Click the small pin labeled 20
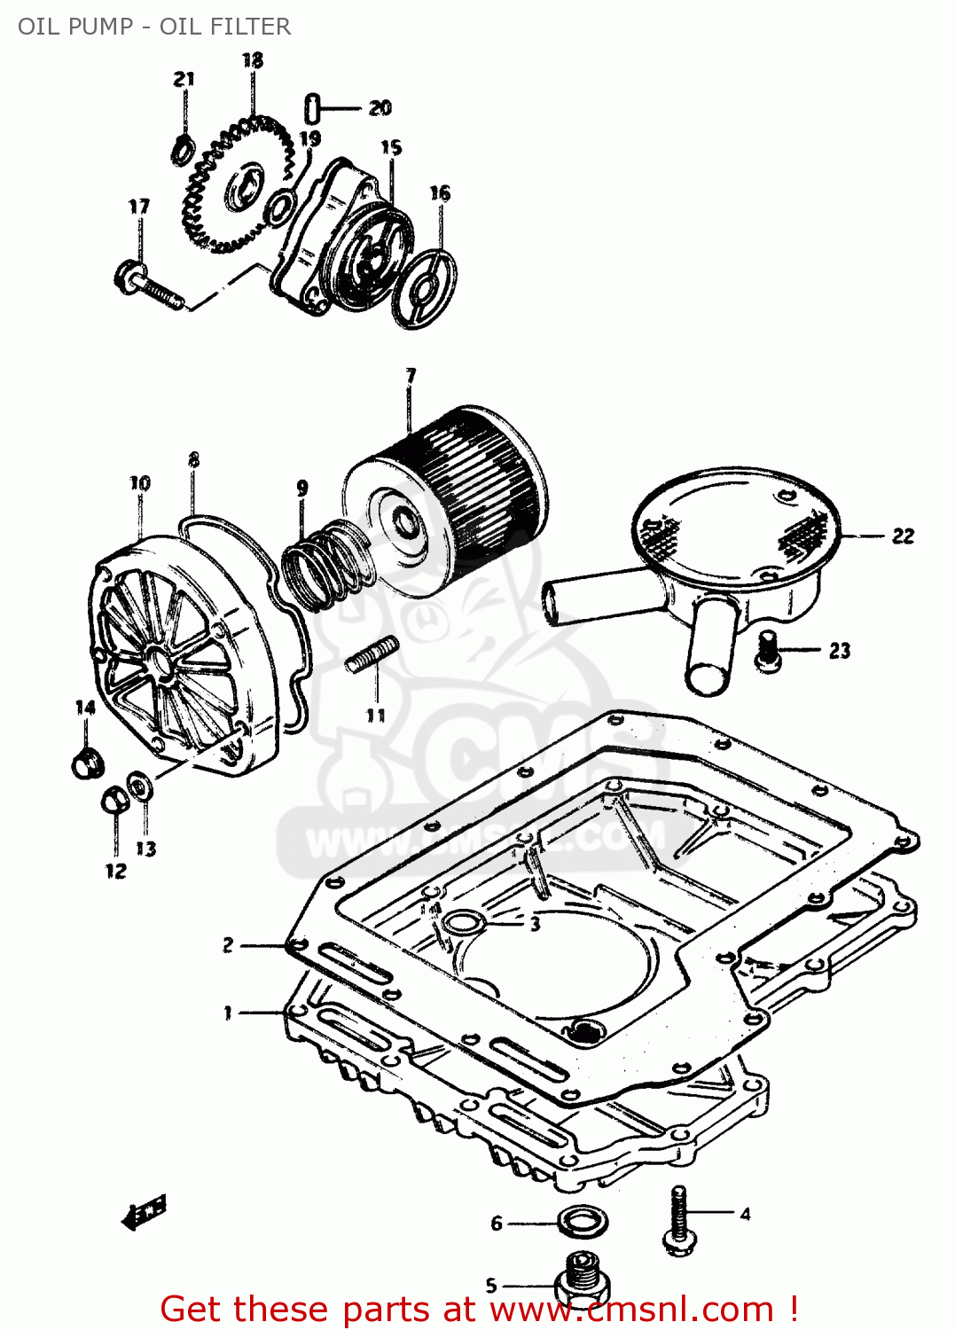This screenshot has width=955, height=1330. coord(312,108)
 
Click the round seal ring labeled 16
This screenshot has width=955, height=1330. coord(425,287)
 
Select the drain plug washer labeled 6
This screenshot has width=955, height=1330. coord(583,1222)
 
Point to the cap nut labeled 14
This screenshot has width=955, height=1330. coord(87,763)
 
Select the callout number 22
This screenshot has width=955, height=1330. coord(903,536)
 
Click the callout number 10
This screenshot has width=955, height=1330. coord(140,483)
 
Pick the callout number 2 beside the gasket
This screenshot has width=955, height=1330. coord(228,945)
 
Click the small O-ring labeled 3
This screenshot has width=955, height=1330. coord(464,923)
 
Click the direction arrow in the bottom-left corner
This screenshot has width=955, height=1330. coord(144,1213)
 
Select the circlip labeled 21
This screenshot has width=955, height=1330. coord(183,150)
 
